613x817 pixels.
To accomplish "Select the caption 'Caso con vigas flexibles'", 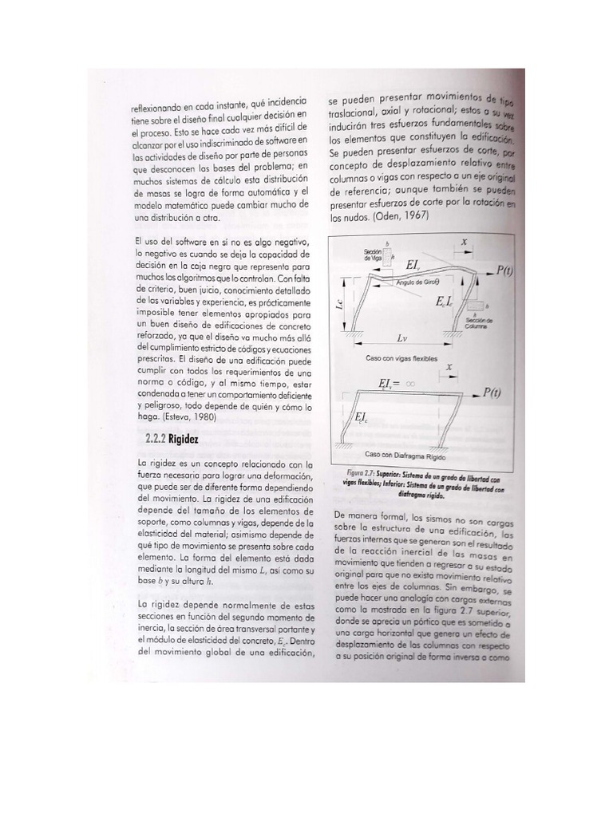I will coord(401,359).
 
